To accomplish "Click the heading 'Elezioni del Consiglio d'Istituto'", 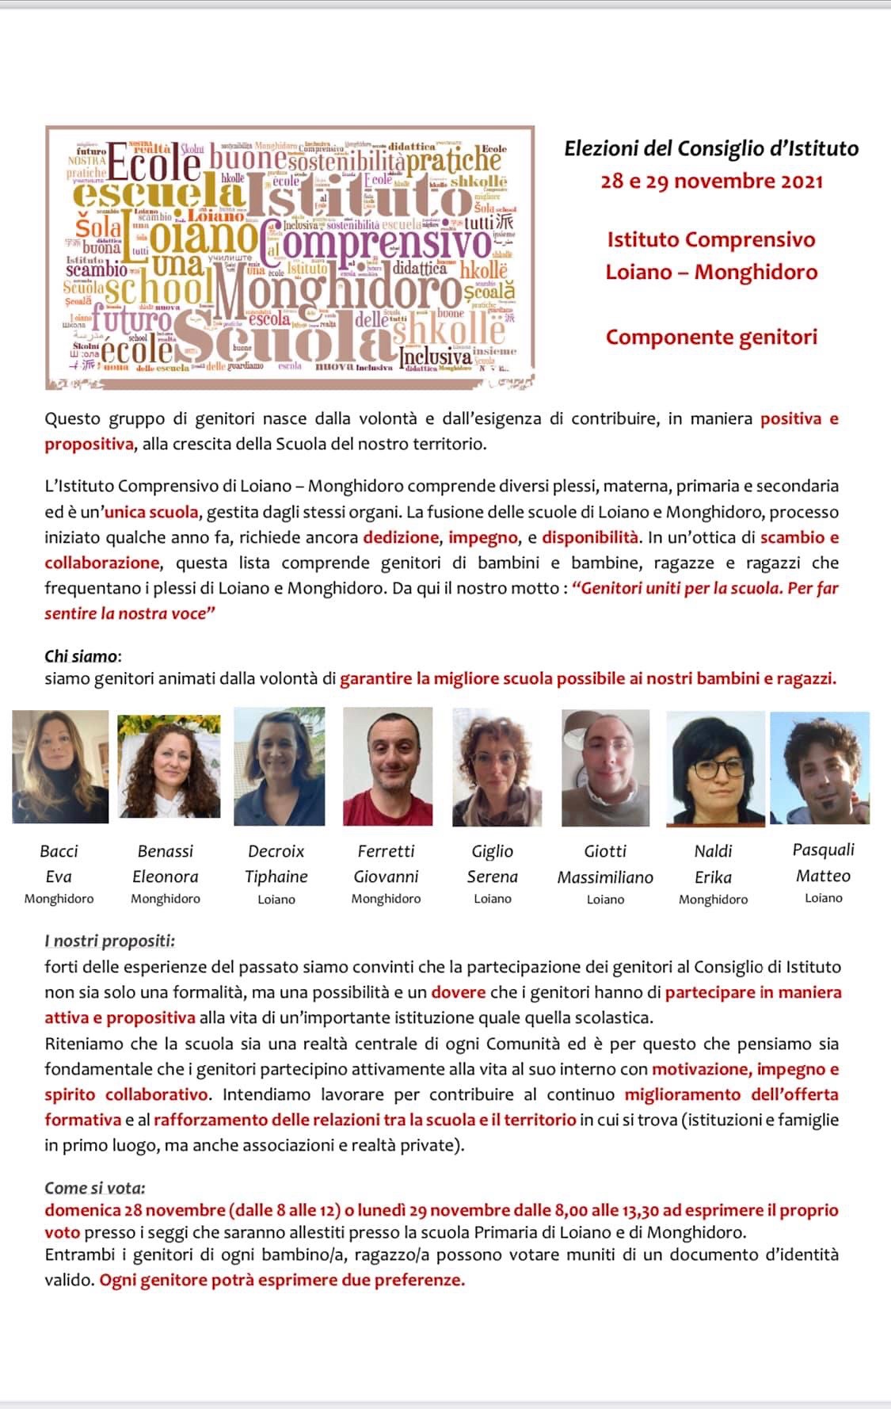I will tap(710, 148).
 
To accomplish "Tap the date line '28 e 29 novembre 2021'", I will tap(711, 181).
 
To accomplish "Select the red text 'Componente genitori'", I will tap(711, 337).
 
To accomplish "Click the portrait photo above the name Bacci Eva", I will tap(60, 766).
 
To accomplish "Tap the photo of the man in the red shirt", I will tap(387, 766).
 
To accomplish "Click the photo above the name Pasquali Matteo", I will tap(820, 767).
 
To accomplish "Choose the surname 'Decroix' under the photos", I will tap(276, 851).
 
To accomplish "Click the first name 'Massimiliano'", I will tap(605, 877).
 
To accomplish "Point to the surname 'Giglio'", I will tap(492, 851).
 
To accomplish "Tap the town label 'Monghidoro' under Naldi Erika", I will tap(713, 899).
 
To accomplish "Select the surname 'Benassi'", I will tap(165, 851).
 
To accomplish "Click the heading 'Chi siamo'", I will tap(81, 656).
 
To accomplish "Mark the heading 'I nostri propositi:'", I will tap(109, 941).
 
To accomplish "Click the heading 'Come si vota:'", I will tap(95, 1188).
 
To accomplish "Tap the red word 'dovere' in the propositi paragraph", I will tap(458, 992).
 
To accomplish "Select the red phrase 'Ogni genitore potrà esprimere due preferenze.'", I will tap(282, 1280).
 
